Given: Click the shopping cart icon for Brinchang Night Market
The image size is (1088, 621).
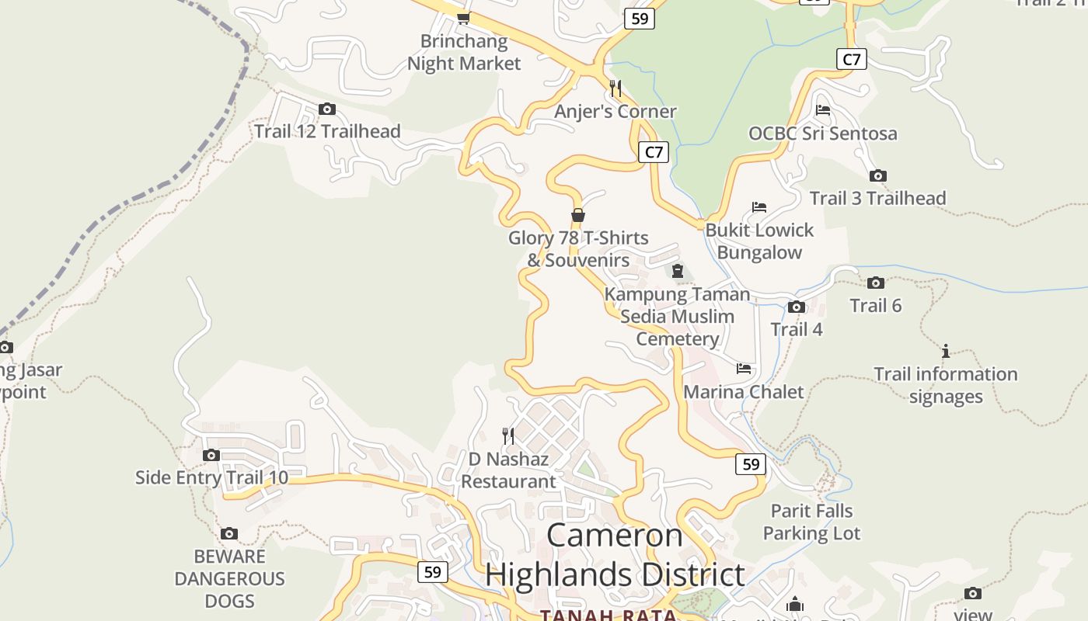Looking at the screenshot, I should [464, 18].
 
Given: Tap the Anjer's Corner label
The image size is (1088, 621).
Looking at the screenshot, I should [615, 112].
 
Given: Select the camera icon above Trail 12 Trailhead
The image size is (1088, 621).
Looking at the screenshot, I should [327, 109].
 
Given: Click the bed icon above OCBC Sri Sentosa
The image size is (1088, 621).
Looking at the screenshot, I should [823, 110].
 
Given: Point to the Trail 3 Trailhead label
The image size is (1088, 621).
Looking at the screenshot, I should [877, 198].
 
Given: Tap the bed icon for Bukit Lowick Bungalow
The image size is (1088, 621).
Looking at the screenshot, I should [759, 207].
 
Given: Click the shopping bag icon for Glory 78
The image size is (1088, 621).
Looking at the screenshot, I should [577, 215].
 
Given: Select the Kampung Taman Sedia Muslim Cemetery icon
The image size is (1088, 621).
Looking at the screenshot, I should [678, 272].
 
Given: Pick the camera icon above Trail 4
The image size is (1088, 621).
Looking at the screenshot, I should [796, 307].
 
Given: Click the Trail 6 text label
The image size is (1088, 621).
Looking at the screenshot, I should [875, 306].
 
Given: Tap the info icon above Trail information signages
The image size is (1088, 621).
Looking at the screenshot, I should [946, 352].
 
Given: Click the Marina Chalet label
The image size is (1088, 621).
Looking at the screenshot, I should [743, 391].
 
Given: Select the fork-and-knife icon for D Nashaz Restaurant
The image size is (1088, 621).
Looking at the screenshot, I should [508, 436].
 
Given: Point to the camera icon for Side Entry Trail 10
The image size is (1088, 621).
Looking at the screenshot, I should [211, 455].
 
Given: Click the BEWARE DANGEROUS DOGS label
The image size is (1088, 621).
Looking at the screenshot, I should [229, 578].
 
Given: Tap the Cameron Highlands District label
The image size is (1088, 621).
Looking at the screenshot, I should [615, 554].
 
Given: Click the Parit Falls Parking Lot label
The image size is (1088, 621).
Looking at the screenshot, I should [811, 522].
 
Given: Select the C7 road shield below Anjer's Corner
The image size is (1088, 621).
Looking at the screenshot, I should [654, 152].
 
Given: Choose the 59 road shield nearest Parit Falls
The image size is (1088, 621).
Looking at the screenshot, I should [750, 464].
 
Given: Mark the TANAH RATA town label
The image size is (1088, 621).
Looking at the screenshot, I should [609, 615].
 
